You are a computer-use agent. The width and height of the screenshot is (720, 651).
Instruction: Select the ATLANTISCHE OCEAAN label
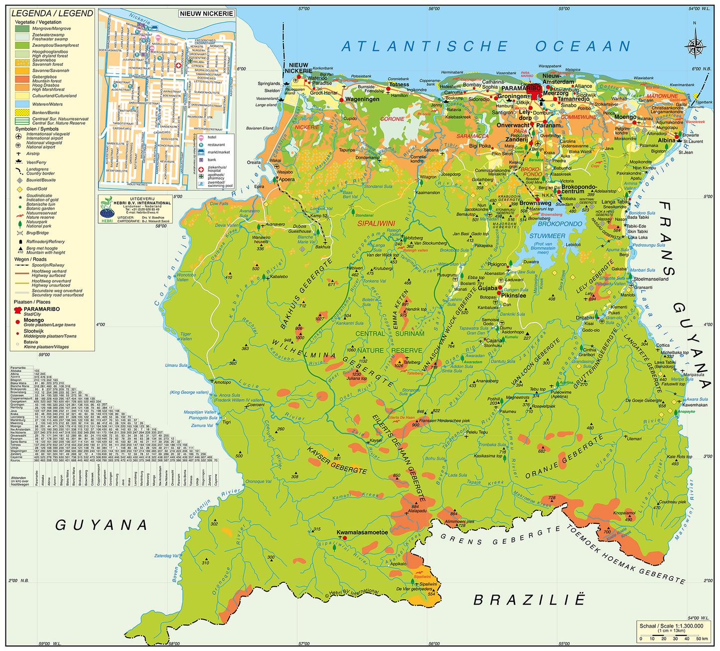pyautogui.click(x=486, y=46)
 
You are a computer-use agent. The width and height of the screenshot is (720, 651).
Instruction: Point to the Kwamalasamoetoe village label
pyautogui.click(x=362, y=532)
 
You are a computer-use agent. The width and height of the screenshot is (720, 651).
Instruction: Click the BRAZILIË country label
pyautogui.click(x=529, y=599)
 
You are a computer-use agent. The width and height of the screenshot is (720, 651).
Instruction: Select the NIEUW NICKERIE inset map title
pyautogui.click(x=206, y=13)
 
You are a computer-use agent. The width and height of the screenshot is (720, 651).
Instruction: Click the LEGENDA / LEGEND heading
pyautogui.click(x=52, y=13)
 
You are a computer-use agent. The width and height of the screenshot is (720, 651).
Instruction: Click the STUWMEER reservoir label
pyautogui.click(x=547, y=236)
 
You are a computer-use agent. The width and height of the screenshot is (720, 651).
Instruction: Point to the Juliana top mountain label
pyautogui.click(x=357, y=378)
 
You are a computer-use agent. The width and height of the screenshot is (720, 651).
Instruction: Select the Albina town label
pyautogui.click(x=667, y=140)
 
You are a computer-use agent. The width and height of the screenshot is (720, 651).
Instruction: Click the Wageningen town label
pyautogui.click(x=362, y=99)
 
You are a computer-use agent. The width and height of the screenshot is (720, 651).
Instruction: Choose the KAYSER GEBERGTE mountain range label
pyautogui.click(x=337, y=461)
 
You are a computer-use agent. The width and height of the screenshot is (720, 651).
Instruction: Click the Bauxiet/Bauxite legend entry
pyautogui.click(x=41, y=180)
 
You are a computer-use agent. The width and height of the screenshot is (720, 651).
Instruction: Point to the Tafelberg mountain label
pyautogui.click(x=412, y=362)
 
